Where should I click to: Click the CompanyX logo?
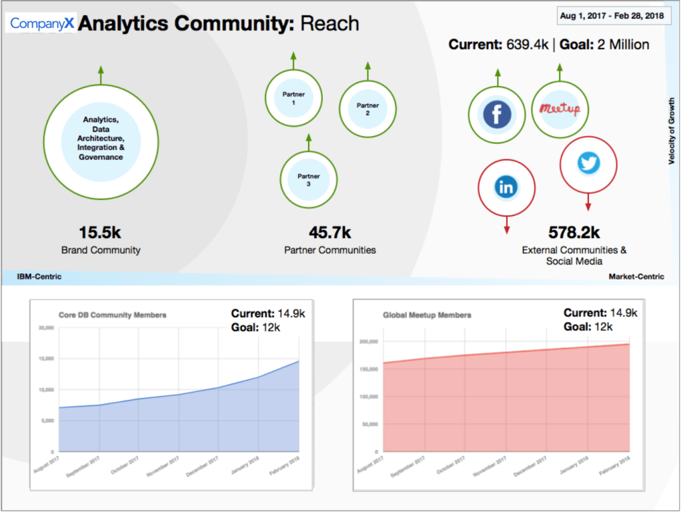42,23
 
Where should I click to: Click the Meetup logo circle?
560,109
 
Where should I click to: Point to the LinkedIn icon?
506,187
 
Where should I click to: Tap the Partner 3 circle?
308,180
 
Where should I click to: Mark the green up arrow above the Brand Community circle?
101,74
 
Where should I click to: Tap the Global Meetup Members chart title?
427,315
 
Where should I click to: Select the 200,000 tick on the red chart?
368,342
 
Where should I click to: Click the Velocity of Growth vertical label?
672,131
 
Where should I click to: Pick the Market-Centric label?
636,277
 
